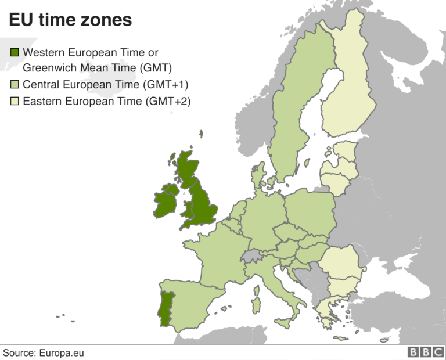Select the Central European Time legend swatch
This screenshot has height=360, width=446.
(15, 85)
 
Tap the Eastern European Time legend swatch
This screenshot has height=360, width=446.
(15, 102)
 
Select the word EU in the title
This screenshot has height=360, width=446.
(20, 20)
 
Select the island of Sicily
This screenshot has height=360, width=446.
(284, 323)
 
